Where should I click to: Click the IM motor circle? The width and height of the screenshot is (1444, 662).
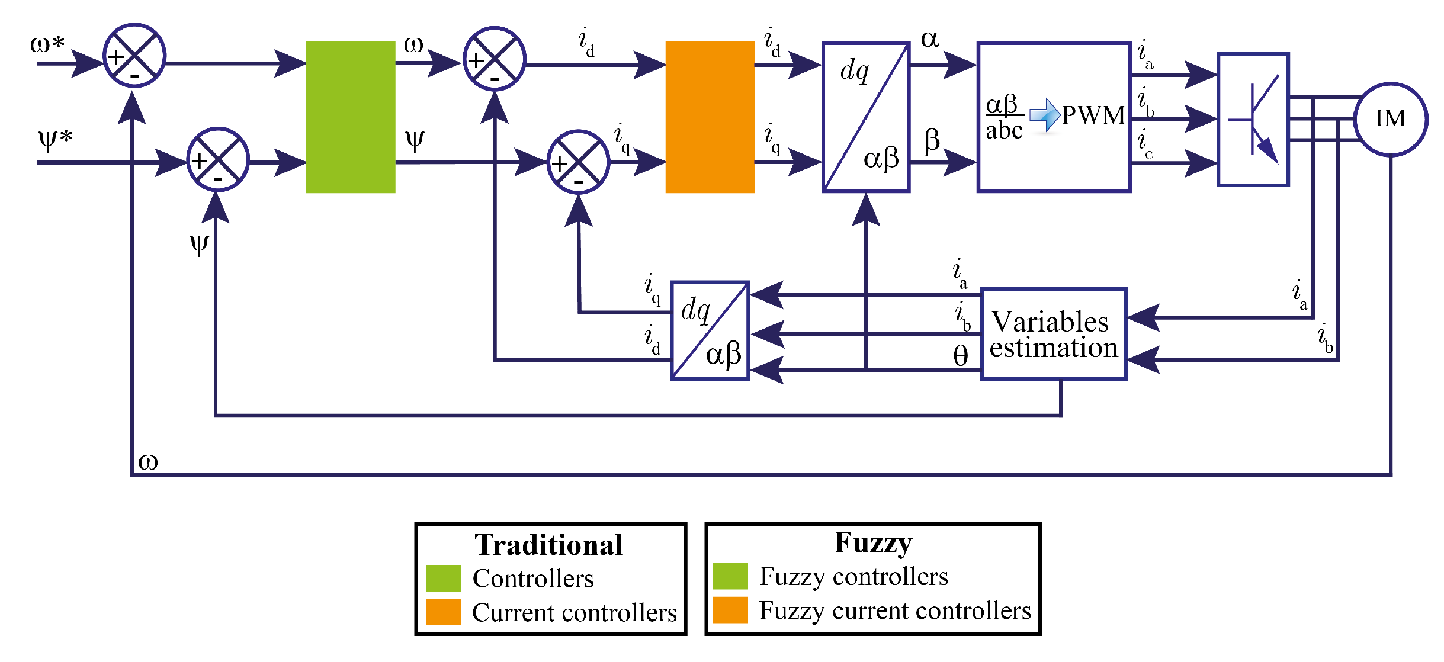click(x=1390, y=119)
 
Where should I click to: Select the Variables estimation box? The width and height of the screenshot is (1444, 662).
click(x=1053, y=335)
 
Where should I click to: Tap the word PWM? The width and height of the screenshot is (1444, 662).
click(x=1093, y=115)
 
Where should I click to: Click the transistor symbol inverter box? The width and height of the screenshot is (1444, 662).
click(x=1253, y=120)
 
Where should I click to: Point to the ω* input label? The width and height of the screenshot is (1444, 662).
click(x=47, y=44)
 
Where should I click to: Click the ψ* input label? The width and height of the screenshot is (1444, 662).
click(x=54, y=140)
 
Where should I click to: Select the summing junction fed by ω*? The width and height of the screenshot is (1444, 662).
click(x=134, y=56)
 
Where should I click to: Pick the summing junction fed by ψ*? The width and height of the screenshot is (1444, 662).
click(x=218, y=159)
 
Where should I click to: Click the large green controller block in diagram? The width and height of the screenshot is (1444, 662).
click(x=351, y=117)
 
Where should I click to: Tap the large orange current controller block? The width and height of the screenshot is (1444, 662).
click(x=710, y=117)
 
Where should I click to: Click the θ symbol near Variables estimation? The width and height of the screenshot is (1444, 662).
click(x=960, y=356)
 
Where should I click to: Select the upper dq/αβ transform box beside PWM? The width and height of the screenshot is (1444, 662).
click(x=865, y=117)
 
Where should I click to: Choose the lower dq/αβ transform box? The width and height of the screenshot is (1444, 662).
click(x=710, y=331)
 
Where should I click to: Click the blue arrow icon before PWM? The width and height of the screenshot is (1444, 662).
click(x=1045, y=115)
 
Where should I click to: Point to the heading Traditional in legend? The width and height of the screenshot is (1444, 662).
click(x=548, y=545)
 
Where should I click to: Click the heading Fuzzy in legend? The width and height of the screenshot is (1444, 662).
click(x=872, y=542)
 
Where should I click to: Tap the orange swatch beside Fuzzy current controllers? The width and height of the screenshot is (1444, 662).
click(x=730, y=610)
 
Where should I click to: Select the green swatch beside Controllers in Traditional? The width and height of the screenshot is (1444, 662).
click(x=443, y=578)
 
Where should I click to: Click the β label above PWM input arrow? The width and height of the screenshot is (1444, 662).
click(x=932, y=141)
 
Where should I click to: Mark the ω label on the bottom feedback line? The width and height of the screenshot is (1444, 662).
click(x=148, y=462)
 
